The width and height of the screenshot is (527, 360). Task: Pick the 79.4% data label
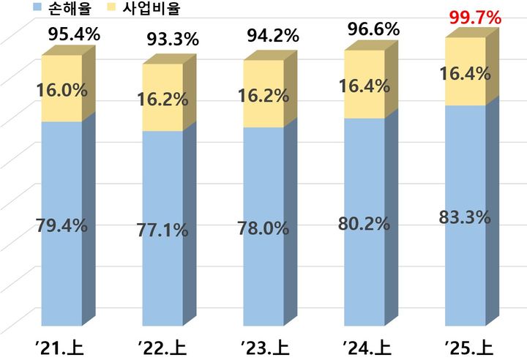point(61,225)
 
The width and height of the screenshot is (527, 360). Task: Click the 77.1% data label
point(162,229)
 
